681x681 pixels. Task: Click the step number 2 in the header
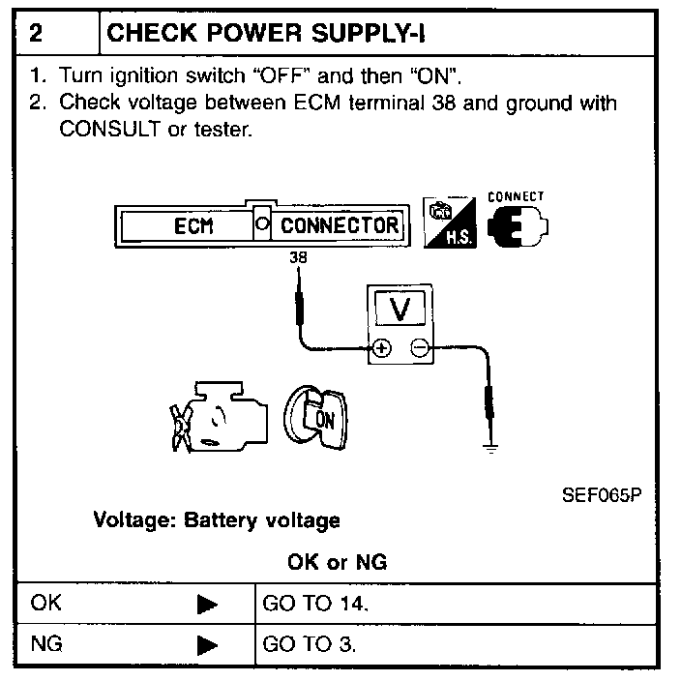tap(36, 34)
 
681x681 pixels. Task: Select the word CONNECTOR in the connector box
tap(340, 225)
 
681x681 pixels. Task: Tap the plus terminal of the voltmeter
tap(382, 349)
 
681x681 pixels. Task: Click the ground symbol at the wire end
tap(491, 446)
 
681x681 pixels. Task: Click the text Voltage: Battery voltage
tap(217, 520)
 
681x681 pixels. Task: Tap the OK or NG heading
tap(338, 562)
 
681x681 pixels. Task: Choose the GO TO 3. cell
tap(311, 643)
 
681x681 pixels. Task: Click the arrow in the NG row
tap(207, 644)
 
